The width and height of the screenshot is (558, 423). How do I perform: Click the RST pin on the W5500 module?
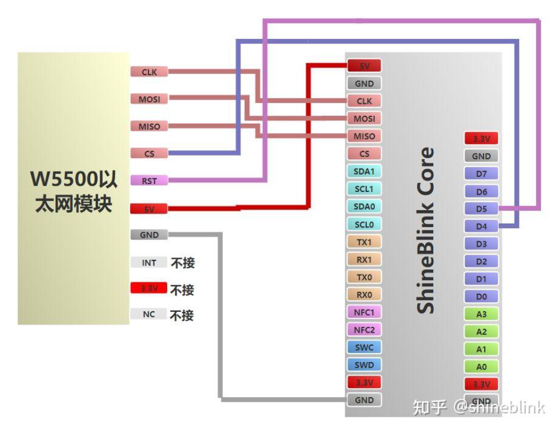[x=149, y=181]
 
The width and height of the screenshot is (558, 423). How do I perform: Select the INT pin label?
[x=149, y=263]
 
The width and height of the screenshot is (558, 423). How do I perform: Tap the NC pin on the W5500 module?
[x=149, y=314]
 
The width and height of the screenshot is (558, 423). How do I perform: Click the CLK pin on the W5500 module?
[x=149, y=72]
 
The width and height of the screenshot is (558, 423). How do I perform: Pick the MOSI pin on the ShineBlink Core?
[x=364, y=119]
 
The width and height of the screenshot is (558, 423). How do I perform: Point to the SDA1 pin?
[x=364, y=171]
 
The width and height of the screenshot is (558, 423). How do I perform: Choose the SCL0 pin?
[x=364, y=224]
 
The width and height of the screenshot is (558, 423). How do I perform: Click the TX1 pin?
[x=364, y=242]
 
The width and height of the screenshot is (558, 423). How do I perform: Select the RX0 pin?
[x=364, y=294]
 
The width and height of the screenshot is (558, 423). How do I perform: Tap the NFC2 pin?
[x=364, y=329]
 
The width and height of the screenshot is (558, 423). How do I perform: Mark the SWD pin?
[x=364, y=365]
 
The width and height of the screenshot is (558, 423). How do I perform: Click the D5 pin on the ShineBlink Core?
[x=481, y=209]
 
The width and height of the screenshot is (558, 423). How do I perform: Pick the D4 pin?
[x=481, y=226]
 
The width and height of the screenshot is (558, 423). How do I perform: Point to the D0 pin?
[x=481, y=296]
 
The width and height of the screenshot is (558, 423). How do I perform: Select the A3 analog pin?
[x=481, y=315]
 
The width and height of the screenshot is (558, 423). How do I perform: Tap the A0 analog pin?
[x=481, y=367]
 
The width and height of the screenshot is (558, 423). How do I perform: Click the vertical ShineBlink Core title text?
[x=426, y=230]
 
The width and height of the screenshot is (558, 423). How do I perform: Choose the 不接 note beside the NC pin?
[x=182, y=315]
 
